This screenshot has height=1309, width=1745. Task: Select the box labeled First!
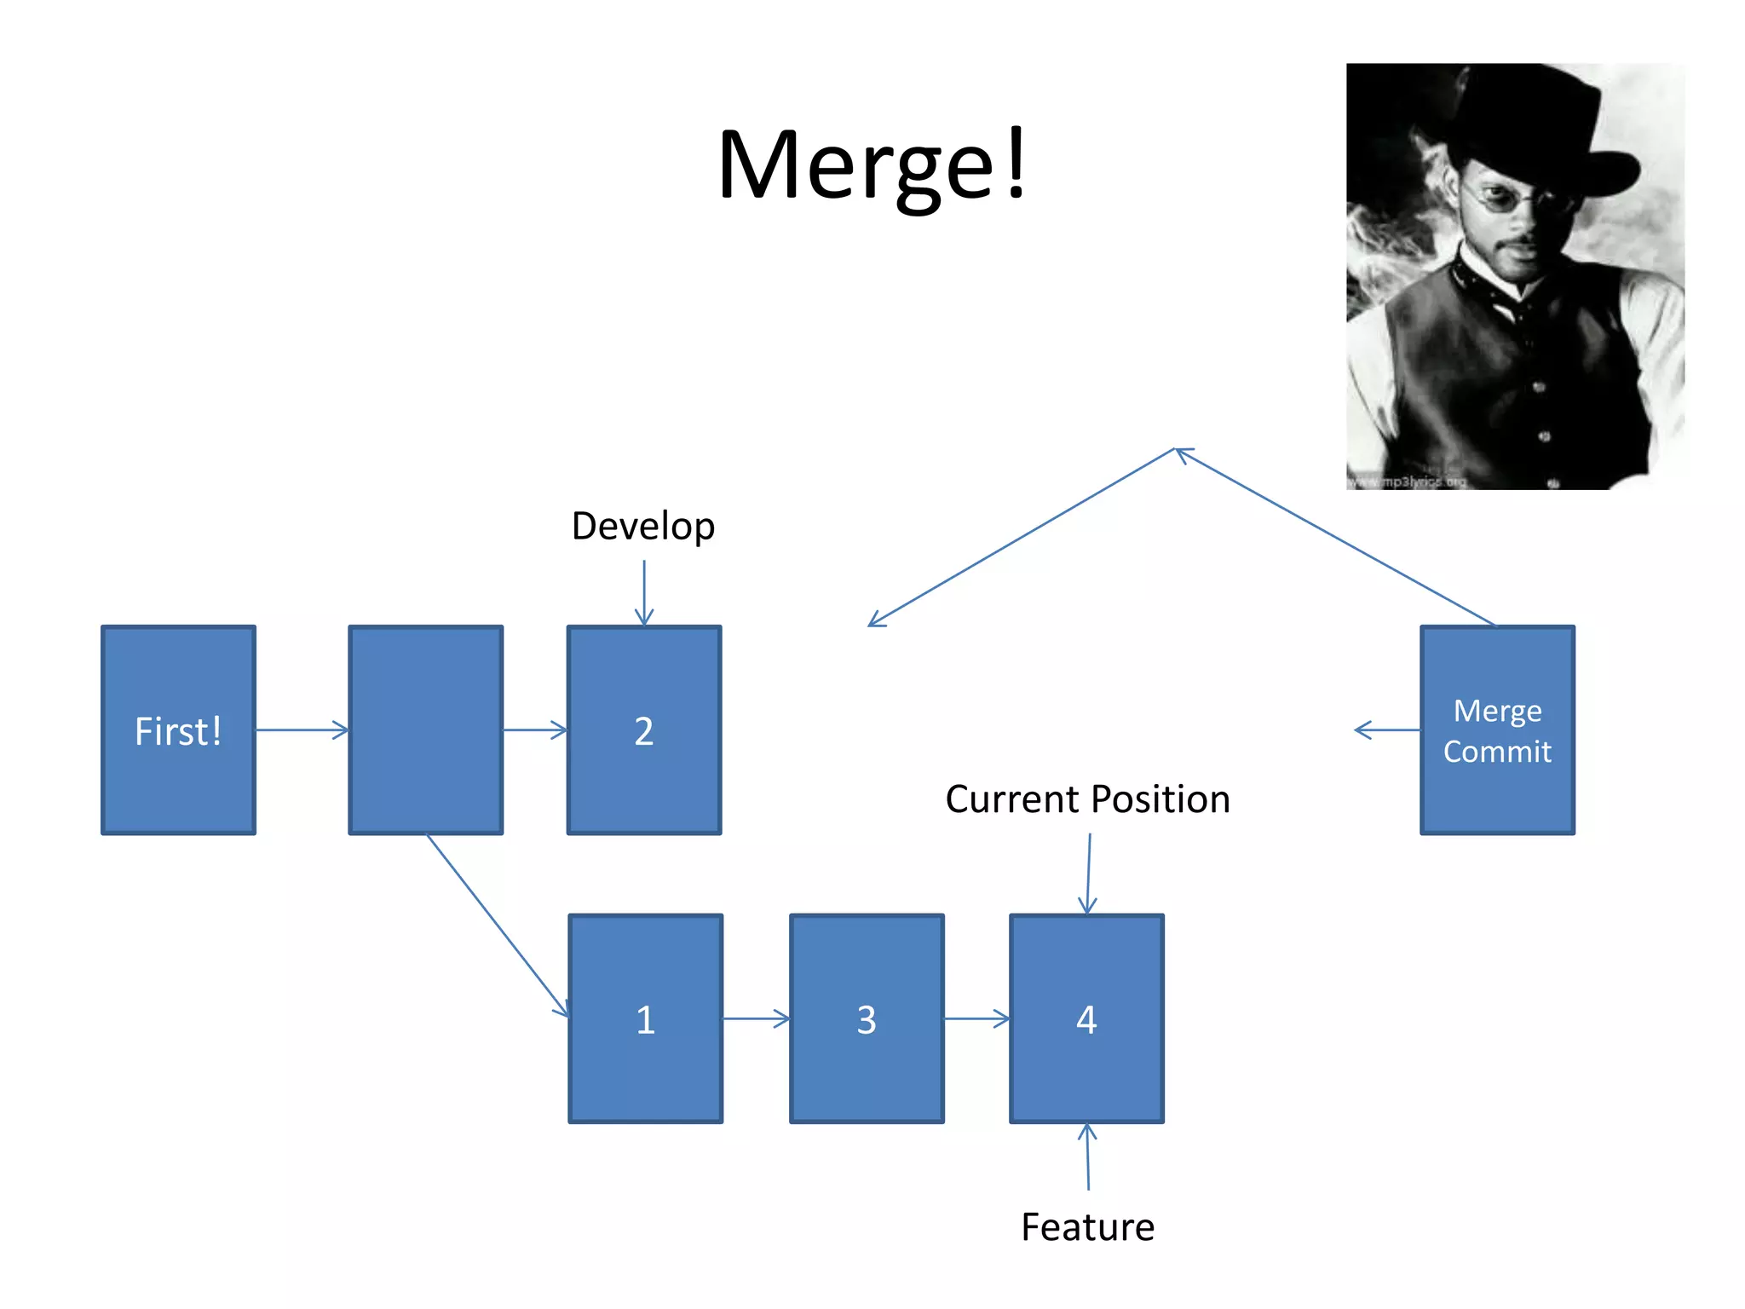click(178, 730)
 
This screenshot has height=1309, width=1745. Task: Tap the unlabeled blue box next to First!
click(425, 730)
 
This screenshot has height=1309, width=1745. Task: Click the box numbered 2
click(644, 730)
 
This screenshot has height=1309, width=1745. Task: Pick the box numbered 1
click(646, 1018)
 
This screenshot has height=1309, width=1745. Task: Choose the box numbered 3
click(867, 1018)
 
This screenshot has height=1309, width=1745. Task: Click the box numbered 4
click(1086, 1018)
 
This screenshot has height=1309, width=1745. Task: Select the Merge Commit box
click(1497, 730)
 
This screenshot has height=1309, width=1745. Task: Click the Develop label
click(643, 526)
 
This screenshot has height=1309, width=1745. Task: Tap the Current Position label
click(1087, 799)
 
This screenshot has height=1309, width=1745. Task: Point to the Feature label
click(1087, 1227)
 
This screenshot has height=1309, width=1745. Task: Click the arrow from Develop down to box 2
click(644, 592)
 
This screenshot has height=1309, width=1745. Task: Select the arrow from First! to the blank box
click(302, 729)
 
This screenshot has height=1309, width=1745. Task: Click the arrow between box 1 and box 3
click(756, 1018)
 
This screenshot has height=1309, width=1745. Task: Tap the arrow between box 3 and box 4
click(976, 1018)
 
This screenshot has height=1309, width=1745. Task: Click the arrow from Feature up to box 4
click(1087, 1156)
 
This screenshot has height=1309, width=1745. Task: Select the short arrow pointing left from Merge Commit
click(1387, 730)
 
